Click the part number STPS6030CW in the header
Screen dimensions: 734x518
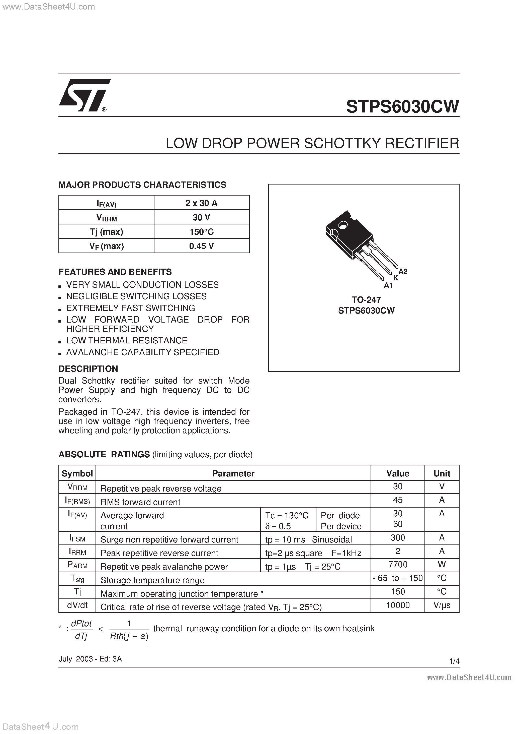click(402, 107)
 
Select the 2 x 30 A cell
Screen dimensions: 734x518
click(202, 203)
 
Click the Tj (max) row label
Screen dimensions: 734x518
click(106, 232)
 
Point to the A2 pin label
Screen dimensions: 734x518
click(403, 271)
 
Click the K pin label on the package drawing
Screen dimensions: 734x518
click(395, 278)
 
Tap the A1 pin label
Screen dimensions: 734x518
click(388, 285)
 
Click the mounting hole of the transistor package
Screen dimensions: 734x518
click(343, 226)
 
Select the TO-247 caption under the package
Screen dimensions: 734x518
click(366, 300)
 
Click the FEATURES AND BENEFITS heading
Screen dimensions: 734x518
click(115, 272)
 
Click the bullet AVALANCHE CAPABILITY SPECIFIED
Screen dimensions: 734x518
click(142, 352)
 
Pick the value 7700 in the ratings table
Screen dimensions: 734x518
click(398, 565)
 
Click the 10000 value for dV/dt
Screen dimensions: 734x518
click(398, 605)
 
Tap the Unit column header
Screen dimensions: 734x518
click(442, 473)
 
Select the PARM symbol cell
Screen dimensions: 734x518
click(77, 565)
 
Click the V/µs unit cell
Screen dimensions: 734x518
click(442, 605)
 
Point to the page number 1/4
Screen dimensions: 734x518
click(454, 661)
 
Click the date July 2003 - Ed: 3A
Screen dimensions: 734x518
click(90, 659)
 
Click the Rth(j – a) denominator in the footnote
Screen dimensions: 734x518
click(129, 637)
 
